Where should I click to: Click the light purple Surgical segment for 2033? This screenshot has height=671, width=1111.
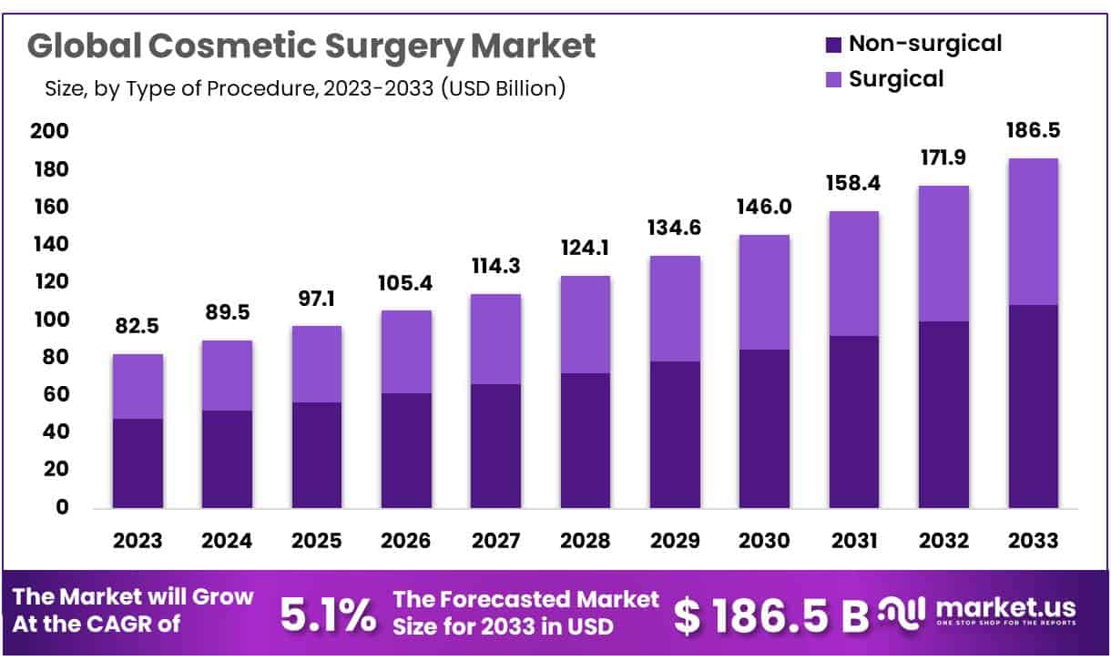point(1033,232)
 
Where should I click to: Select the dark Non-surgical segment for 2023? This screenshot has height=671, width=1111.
point(138,463)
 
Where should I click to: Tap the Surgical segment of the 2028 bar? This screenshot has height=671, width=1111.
point(586,324)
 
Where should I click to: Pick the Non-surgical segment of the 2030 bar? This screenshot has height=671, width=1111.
point(764,428)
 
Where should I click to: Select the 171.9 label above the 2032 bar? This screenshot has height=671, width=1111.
point(943,158)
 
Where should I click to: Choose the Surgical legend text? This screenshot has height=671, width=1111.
point(896,79)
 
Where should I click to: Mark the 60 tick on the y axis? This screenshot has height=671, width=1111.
point(55,394)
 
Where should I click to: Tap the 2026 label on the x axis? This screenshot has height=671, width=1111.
point(406,541)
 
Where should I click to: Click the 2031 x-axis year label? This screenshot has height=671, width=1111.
point(853,541)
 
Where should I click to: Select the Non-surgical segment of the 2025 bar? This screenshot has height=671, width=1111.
point(317,454)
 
